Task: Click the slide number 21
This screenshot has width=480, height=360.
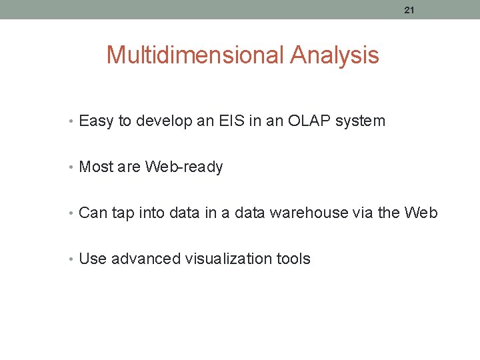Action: pyautogui.click(x=409, y=9)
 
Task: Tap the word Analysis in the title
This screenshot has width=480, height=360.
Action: pyautogui.click(x=335, y=55)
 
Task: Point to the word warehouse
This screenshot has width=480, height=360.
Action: pyautogui.click(x=312, y=213)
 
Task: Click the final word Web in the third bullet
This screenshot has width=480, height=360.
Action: pyautogui.click(x=421, y=213)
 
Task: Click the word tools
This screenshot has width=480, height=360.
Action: pyautogui.click(x=293, y=259)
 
